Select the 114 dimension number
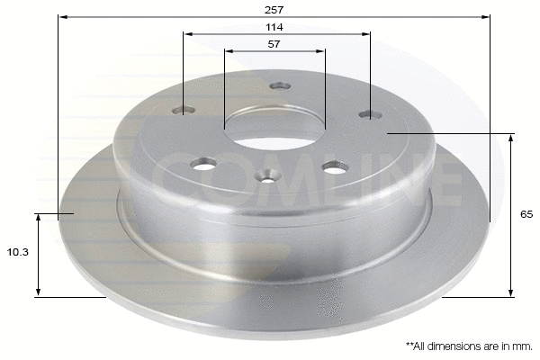[274, 27]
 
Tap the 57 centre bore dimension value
[274, 43]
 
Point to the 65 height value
[526, 214]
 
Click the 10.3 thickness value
[17, 253]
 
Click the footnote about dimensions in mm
[469, 346]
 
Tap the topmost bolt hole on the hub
[279, 86]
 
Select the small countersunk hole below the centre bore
[267, 175]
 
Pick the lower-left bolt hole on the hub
[204, 165]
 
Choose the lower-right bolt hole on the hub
[335, 167]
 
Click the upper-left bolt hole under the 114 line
[184, 111]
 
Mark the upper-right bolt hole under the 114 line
[369, 114]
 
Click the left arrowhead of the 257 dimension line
[61, 16]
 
